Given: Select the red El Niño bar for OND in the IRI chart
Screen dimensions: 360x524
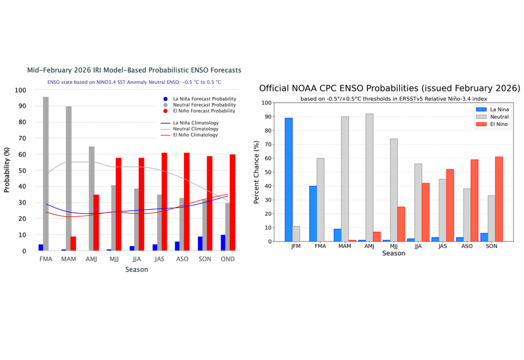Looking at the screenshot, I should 233,202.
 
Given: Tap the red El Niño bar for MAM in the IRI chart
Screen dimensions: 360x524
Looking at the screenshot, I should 73,243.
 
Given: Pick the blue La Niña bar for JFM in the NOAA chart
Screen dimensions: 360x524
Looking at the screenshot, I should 289,179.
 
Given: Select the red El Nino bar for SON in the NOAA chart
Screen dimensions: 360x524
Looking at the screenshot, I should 499,199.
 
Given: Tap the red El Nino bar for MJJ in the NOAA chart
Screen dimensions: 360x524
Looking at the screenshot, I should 401,224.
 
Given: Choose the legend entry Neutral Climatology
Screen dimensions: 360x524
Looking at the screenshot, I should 195,129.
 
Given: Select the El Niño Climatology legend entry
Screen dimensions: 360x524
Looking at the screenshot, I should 195,135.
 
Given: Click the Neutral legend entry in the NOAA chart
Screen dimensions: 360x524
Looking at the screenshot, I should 499,117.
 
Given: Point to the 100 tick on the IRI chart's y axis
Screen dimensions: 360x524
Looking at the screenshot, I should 20,90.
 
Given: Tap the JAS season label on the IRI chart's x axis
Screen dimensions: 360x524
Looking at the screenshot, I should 159,259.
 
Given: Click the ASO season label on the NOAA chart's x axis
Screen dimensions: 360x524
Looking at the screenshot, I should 466,246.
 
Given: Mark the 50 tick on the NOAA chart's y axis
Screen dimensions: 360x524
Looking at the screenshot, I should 266,172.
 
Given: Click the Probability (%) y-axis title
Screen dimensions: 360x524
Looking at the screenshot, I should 7,170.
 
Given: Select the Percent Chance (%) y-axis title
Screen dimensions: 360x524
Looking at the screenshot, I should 257,172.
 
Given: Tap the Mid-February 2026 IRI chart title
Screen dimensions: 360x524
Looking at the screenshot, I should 134,70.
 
